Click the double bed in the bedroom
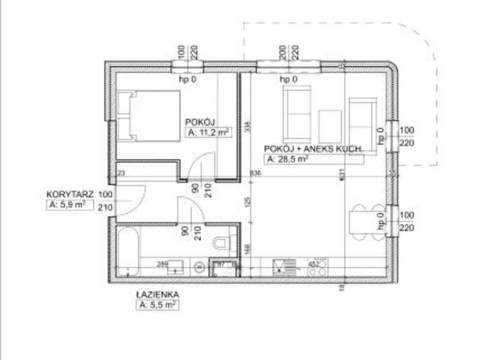[147, 116]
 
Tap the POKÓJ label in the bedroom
[200, 121]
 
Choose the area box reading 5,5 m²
[157, 305]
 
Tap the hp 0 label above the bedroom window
[187, 79]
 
